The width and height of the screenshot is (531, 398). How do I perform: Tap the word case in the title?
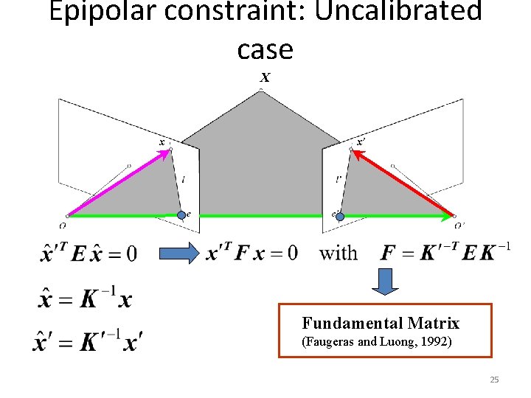click(265, 49)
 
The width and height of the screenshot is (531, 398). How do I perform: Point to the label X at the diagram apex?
click(265, 77)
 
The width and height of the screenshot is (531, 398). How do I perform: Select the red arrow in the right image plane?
click(403, 184)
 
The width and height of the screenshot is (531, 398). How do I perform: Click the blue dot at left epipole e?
click(182, 215)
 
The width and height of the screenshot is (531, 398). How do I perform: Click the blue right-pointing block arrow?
click(181, 253)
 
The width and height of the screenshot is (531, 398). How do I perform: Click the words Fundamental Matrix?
click(380, 323)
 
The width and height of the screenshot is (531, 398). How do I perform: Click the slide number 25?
click(494, 380)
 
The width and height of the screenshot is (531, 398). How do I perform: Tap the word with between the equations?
click(338, 254)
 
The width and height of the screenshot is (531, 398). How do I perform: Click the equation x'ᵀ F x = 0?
click(252, 253)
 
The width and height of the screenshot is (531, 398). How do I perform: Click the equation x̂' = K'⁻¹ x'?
click(88, 340)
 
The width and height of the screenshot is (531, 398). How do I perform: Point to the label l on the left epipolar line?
click(182, 179)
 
